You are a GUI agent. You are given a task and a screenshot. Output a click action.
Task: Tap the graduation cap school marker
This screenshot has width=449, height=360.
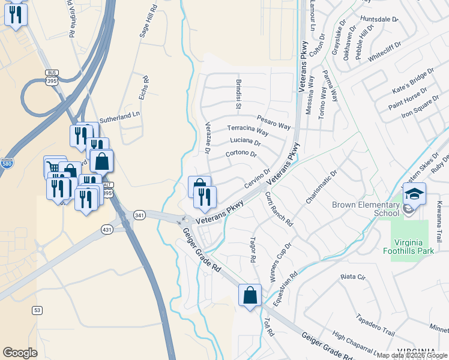pos(414,194)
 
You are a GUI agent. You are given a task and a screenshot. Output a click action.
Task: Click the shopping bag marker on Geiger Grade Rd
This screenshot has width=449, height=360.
pos(250,295)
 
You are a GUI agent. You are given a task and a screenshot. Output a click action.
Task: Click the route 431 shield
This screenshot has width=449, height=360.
pos(107,229)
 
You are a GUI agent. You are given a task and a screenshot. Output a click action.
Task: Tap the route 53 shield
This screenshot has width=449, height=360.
pos(37,310)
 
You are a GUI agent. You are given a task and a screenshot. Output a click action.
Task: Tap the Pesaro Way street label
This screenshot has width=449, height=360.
pos(274,122)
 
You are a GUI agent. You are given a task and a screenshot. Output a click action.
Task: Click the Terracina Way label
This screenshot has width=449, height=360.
pos(247,129)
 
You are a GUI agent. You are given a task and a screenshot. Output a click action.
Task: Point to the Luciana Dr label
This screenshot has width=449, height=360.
pos(245,142)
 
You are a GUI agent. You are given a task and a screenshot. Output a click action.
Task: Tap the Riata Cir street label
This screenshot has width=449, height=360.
pos(352,277)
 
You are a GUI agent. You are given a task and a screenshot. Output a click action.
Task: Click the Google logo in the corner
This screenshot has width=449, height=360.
pos(20,353)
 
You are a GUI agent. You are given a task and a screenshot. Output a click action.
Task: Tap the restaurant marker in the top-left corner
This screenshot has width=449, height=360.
pos(15,14)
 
